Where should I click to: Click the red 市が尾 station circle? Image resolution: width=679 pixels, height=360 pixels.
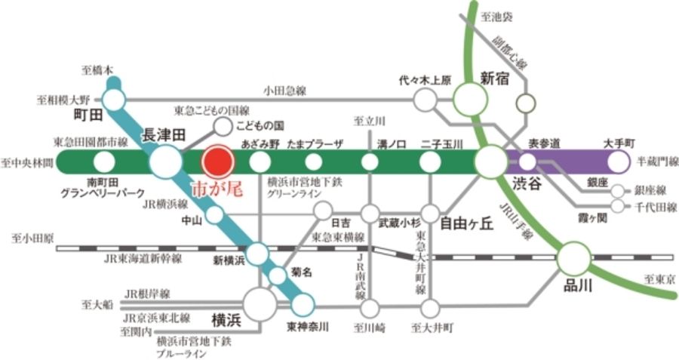[218, 161]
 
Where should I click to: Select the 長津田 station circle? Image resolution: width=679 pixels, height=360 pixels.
[164, 161]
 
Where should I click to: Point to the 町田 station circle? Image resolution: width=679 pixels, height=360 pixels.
[115, 99]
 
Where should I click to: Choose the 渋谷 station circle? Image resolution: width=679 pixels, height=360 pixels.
[492, 160]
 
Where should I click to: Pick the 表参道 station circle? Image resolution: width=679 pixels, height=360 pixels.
[528, 161]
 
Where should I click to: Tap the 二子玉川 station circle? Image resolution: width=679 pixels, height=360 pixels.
[430, 161]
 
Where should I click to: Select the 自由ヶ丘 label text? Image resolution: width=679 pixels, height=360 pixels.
[462, 223]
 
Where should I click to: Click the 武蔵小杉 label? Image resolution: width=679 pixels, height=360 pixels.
[399, 223]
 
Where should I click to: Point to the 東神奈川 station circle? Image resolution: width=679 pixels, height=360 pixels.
[303, 305]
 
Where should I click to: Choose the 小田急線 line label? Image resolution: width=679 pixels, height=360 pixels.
[284, 90]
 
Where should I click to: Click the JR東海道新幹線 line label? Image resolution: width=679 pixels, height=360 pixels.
[143, 258]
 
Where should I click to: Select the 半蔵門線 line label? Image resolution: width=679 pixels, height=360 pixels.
[659, 161]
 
